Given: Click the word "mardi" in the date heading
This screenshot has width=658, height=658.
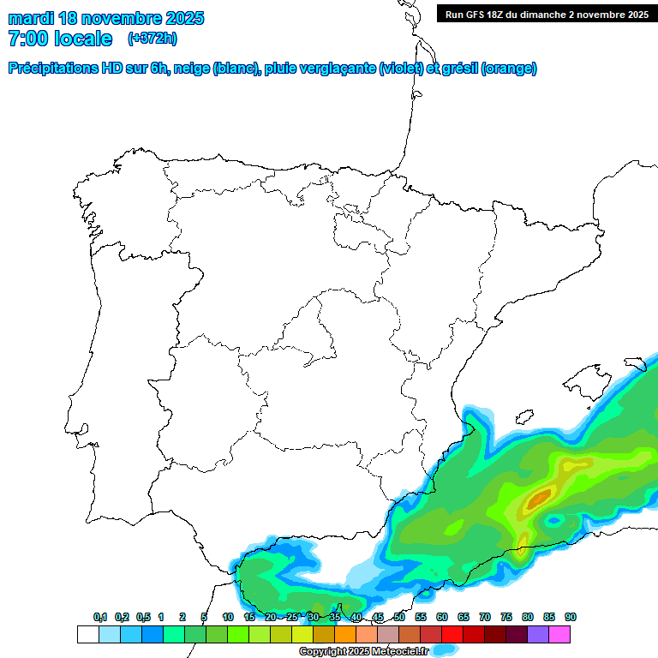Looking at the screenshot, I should coord(31,18).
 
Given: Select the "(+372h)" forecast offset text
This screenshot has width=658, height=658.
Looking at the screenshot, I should coord(152,39).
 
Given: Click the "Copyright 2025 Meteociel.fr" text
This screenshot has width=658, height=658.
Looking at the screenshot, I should coord(363,652).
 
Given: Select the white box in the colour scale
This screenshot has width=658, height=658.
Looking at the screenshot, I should coord(87,634).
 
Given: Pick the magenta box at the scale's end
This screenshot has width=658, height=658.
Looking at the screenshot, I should coord(559,634).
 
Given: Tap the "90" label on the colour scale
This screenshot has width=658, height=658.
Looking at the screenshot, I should coord(571,617).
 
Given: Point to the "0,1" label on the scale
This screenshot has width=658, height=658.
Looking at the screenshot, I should coord(100,617).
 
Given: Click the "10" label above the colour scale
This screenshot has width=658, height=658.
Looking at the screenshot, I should coord(228,617).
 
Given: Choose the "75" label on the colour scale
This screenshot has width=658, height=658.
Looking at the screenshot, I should coord(506,617).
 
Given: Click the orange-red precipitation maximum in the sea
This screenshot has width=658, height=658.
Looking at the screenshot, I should coord(539,497).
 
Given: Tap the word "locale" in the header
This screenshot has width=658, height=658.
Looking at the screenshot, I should coord(82,39).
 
